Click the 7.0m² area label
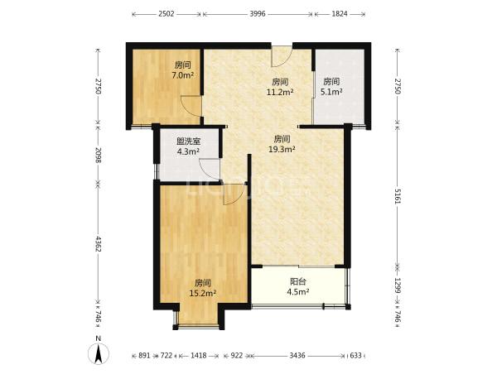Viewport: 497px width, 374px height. [182, 75]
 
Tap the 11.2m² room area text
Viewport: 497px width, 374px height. [280, 92]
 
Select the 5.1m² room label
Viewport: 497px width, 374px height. [331, 92]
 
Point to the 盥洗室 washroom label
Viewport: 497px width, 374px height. [188, 141]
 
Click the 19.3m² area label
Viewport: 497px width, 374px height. [282, 149]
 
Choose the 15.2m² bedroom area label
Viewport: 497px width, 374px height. [203, 293]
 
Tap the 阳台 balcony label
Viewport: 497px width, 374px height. [298, 281]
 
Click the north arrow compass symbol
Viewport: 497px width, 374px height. [99, 352]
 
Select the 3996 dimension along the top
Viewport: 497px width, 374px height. [258, 14]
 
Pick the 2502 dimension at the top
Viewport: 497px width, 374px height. [166, 14]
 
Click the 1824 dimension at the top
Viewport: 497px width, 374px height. [340, 14]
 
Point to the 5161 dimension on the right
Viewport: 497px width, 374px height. [398, 196]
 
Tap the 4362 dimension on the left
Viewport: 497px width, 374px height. [98, 244]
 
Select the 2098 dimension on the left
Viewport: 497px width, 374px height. [98, 156]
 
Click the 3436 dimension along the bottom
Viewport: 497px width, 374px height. [297, 356]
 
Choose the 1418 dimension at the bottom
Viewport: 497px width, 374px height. [199, 356]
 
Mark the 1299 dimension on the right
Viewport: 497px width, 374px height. [398, 285]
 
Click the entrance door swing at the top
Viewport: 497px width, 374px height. [282, 56]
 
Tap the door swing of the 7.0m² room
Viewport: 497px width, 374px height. [191, 106]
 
